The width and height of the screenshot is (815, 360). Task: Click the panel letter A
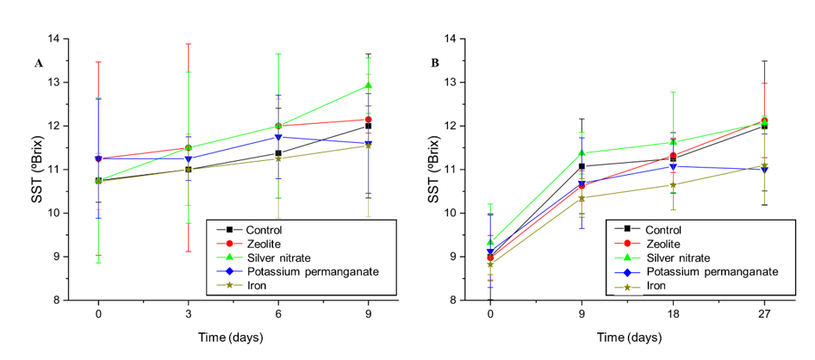39,63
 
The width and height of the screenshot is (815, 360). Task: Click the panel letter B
435,63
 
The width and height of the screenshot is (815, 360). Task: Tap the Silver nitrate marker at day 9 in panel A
368,85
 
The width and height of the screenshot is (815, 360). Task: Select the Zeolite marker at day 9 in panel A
368,120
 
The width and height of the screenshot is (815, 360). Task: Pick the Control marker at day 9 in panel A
368,126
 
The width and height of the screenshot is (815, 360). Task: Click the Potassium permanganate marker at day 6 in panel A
278,137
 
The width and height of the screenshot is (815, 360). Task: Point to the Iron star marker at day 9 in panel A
368,145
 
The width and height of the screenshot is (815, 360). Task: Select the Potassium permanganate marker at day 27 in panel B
764,170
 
